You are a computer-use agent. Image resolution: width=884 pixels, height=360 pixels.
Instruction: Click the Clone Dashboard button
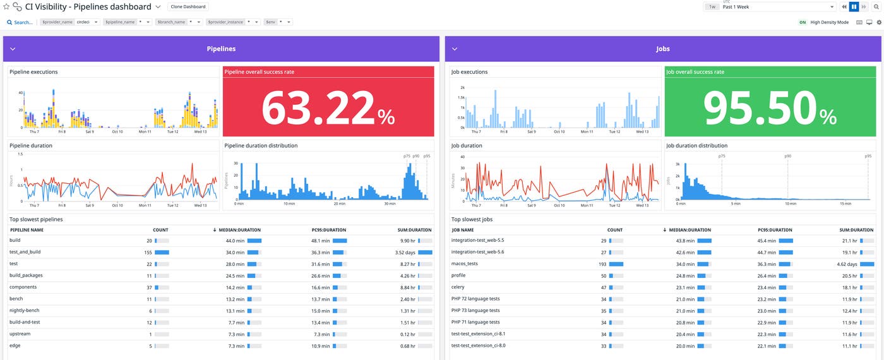point(188,7)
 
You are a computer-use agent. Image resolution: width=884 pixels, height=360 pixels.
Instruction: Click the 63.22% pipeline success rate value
point(328,108)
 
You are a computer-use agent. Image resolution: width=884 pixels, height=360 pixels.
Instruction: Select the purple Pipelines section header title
point(221,49)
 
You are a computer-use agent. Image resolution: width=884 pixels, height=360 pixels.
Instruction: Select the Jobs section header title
point(662,49)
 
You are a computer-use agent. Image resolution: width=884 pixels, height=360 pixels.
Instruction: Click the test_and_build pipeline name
point(25,252)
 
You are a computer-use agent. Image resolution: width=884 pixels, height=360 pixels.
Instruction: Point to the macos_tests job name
point(464,264)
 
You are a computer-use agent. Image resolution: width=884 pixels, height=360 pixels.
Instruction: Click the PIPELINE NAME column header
point(27,230)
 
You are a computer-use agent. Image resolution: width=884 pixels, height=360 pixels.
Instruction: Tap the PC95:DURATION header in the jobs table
point(775,230)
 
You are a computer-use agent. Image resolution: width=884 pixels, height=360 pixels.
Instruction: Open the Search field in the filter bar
point(20,22)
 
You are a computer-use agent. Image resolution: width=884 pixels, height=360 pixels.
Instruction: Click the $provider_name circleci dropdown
point(69,22)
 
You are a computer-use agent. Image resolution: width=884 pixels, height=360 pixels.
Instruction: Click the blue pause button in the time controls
point(854,7)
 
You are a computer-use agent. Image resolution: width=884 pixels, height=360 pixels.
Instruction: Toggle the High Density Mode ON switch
point(803,22)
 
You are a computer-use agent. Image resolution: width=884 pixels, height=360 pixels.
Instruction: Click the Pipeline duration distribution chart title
point(261,145)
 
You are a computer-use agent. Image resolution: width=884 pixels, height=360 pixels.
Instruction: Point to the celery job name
point(458,287)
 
